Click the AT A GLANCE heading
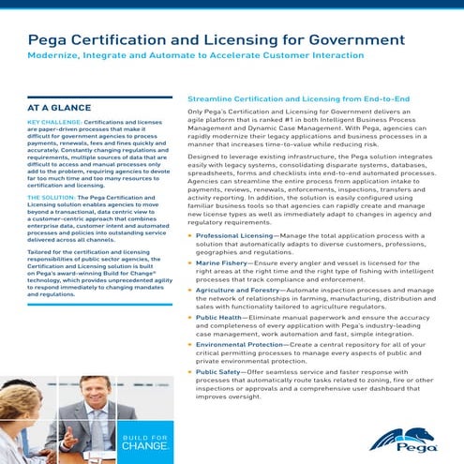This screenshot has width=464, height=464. (60, 109)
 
